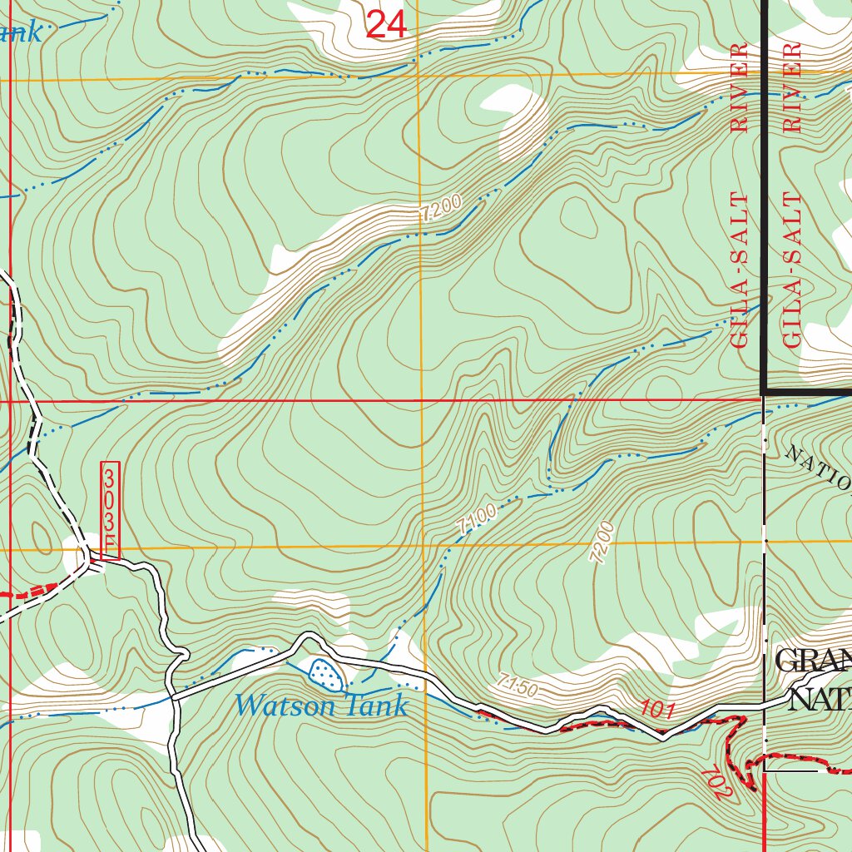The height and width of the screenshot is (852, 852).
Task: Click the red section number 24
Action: point(386,26)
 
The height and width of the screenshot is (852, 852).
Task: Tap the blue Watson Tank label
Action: point(321,706)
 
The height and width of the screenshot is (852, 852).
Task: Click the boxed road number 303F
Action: point(111,510)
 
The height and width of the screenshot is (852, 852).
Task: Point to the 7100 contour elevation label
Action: point(478,518)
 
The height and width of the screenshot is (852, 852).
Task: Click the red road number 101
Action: point(657,709)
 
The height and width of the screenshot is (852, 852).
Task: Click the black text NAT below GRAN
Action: point(820,699)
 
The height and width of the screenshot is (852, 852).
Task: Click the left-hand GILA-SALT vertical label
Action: point(740,270)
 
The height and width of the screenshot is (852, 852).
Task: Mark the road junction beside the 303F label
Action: point(90,563)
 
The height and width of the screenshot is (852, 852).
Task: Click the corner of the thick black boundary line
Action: point(764,391)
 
